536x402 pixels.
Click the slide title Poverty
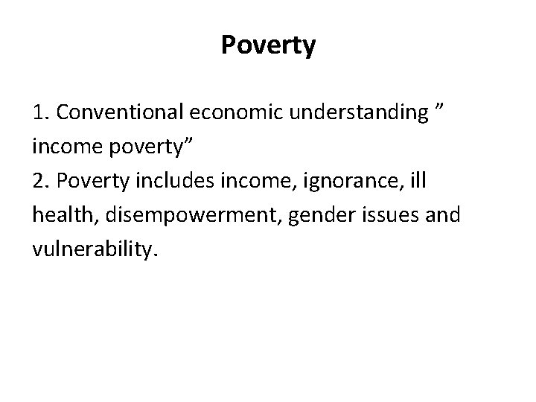coord(268,46)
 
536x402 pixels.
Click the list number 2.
coord(39,180)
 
